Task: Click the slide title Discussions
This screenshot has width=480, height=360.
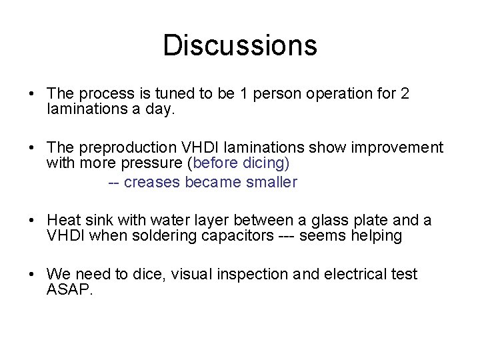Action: tap(240, 45)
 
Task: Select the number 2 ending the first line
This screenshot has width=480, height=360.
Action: tap(405, 94)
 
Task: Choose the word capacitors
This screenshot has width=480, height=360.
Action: tap(236, 237)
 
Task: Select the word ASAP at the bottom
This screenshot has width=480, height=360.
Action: tap(68, 290)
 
